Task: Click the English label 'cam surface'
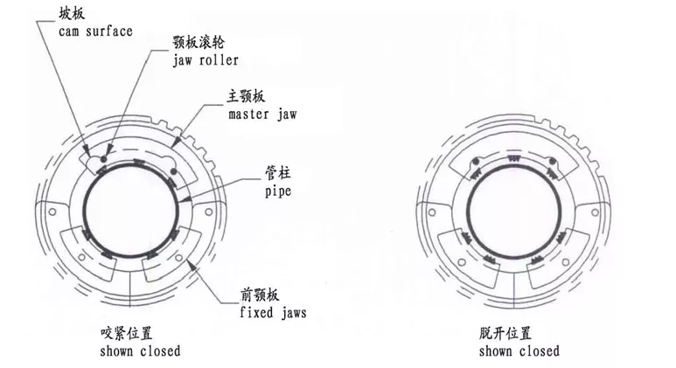click(x=95, y=32)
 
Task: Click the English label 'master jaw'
click(x=261, y=115)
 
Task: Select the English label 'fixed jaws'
click(x=273, y=310)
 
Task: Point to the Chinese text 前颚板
click(x=259, y=294)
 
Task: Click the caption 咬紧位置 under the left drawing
click(x=130, y=334)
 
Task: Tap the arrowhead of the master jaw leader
click(x=178, y=140)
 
